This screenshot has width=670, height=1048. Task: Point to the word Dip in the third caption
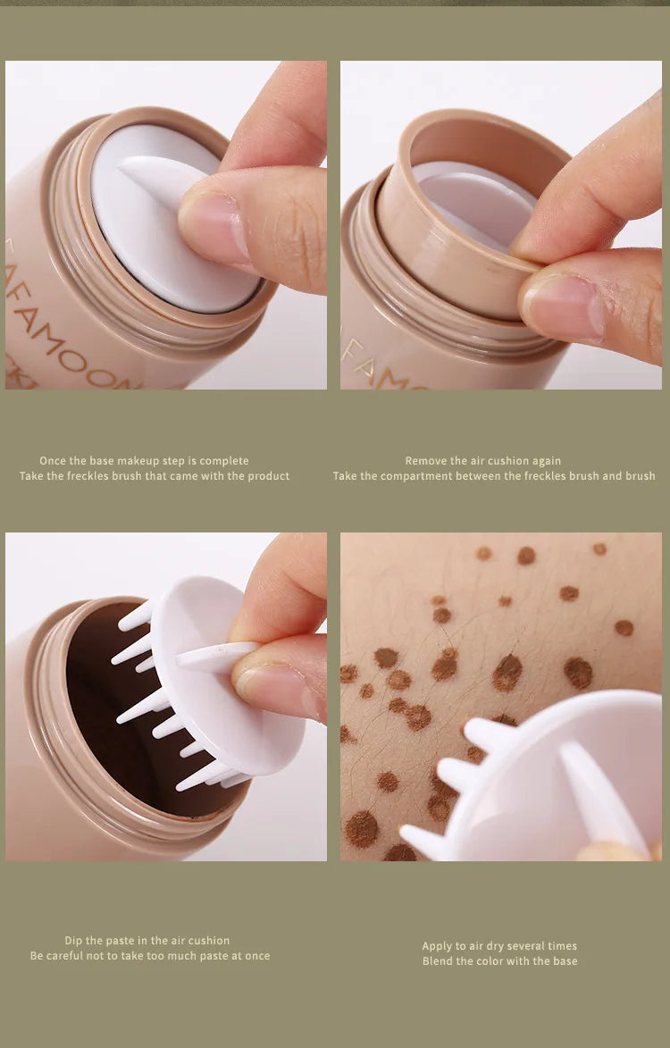[x=74, y=941]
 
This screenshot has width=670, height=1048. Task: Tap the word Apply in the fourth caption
[x=437, y=946]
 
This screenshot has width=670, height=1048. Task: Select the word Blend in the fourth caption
[x=439, y=961]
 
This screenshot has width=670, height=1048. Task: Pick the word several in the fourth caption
[x=522, y=946]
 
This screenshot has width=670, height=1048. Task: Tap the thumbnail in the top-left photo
[x=214, y=228]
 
